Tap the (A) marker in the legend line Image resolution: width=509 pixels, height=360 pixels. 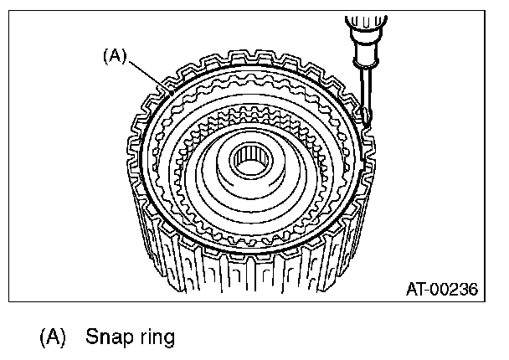(x=52, y=339)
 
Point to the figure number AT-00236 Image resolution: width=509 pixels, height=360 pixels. (x=441, y=291)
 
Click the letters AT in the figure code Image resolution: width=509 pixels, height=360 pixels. (x=415, y=291)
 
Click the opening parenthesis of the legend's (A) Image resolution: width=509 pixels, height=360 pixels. (x=42, y=339)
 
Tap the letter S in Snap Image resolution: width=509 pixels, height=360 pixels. (x=90, y=339)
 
